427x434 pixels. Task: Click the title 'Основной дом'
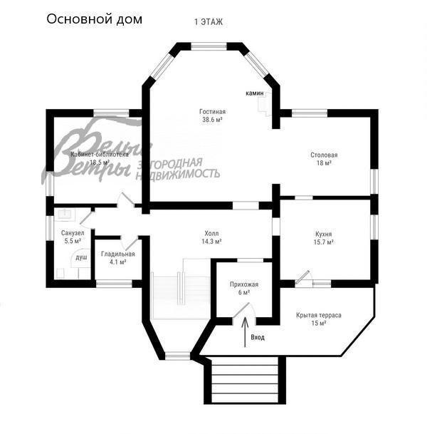click(94, 19)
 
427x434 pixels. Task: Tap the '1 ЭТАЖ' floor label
click(209, 22)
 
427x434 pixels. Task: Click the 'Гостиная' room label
click(212, 112)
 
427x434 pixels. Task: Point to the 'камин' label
click(255, 93)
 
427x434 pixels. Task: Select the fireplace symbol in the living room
click(265, 104)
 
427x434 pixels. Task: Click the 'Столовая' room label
click(324, 155)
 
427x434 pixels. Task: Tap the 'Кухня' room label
click(323, 234)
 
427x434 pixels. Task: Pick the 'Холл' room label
click(211, 233)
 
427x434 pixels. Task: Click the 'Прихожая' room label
click(244, 284)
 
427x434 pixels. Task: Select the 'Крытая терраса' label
click(319, 315)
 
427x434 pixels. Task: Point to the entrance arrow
click(245, 332)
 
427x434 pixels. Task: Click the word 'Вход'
click(258, 337)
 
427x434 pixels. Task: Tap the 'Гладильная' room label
click(118, 254)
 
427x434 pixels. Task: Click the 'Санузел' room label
click(73, 233)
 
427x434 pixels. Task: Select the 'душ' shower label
click(81, 257)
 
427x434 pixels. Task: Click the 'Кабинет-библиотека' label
click(100, 155)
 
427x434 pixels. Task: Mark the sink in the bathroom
click(65, 215)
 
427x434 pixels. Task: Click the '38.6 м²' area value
click(212, 120)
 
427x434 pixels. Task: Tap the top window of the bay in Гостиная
click(209, 46)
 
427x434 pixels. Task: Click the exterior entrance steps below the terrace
click(245, 381)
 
